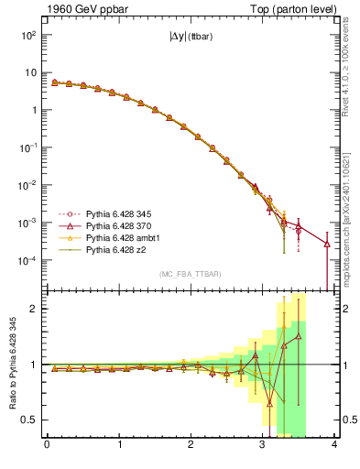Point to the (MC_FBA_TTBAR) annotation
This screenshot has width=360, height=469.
(191, 274)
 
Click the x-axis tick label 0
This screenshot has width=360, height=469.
(47, 445)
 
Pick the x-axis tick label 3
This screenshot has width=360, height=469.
(263, 445)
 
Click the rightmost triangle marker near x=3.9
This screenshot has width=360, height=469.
(327, 244)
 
